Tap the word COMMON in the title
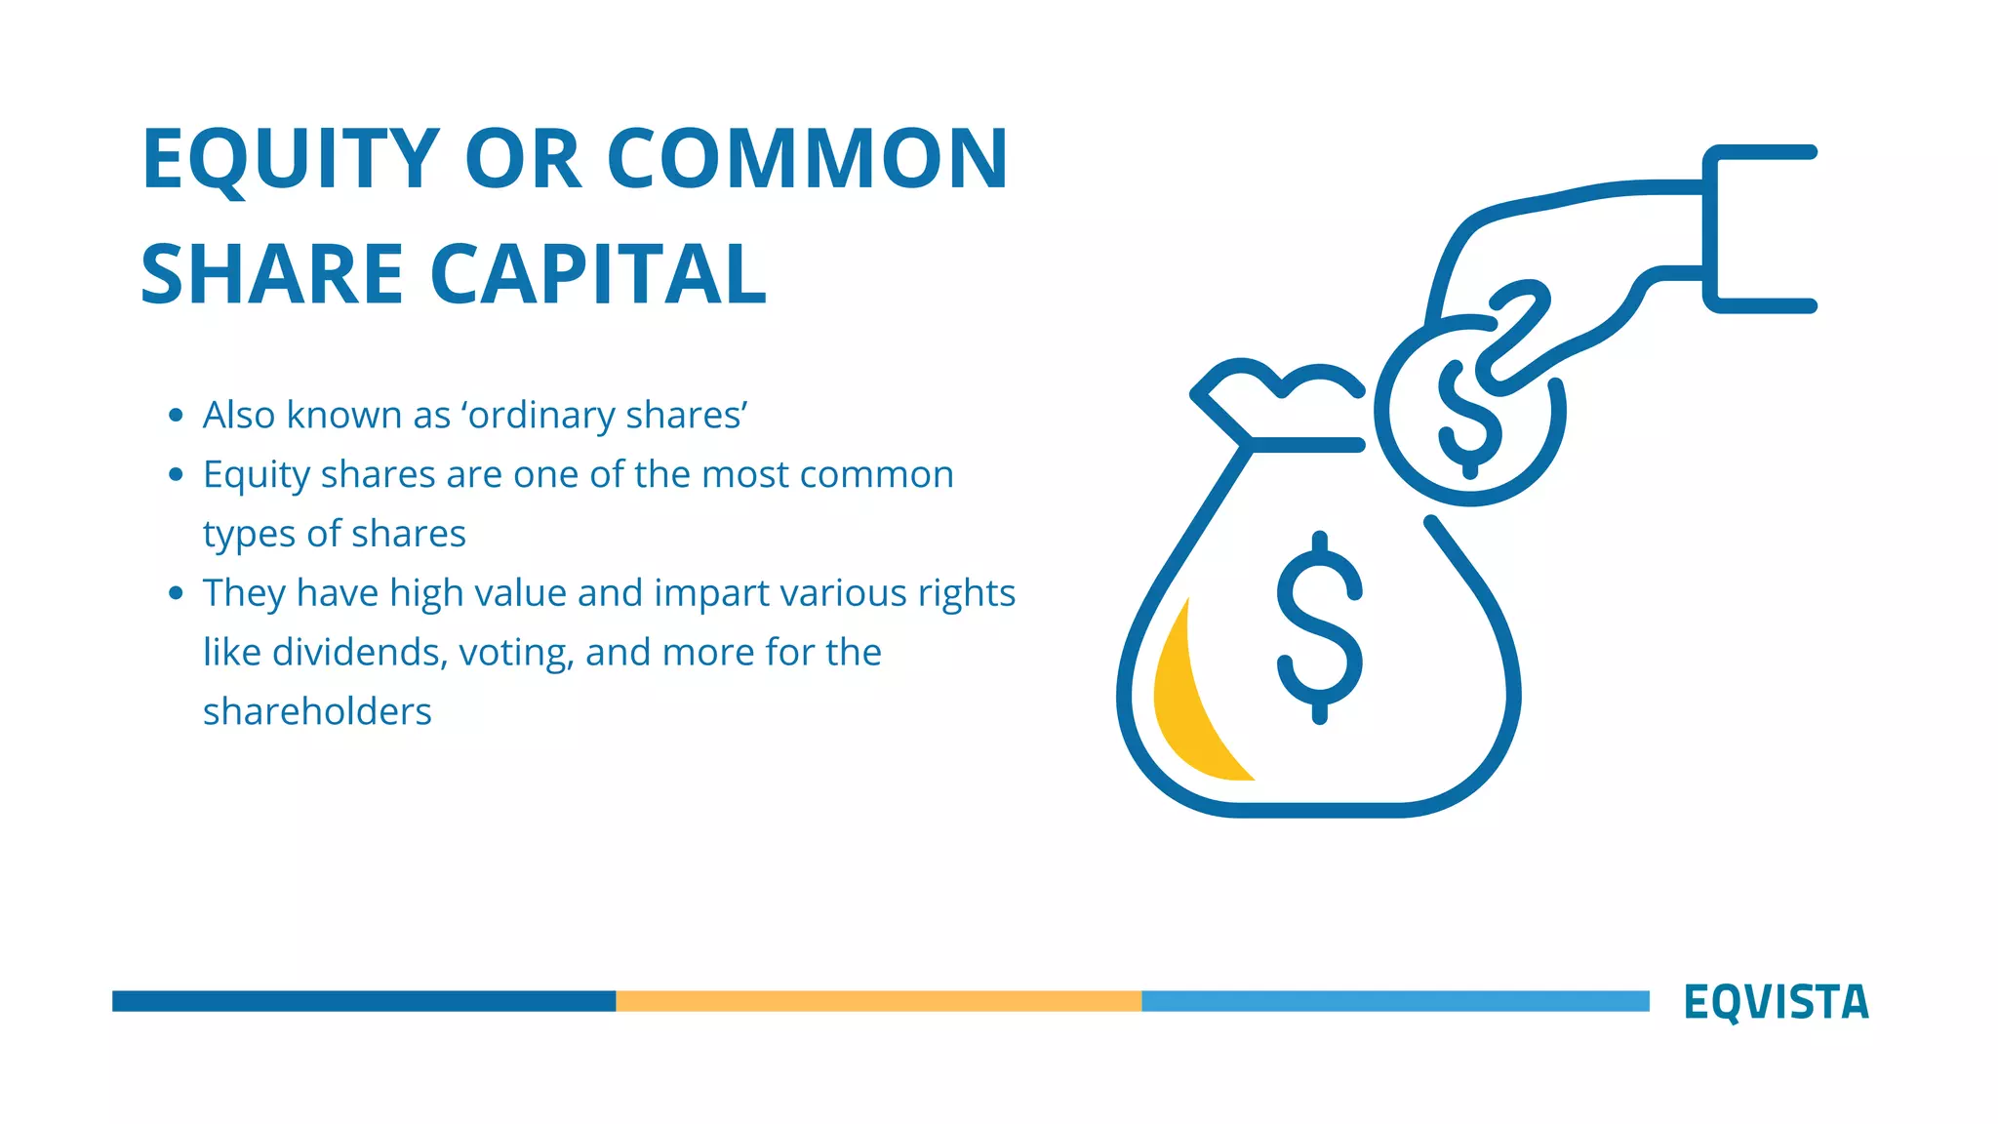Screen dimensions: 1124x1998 click(x=808, y=159)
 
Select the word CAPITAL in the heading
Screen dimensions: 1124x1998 click(x=598, y=275)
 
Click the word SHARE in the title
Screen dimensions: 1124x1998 click(x=272, y=275)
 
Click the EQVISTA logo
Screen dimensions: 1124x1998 click(x=1776, y=1002)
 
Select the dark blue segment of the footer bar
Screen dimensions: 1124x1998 click(x=363, y=1001)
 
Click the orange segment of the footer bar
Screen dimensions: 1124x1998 click(x=878, y=1001)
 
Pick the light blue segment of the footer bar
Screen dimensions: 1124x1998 click(x=1395, y=1001)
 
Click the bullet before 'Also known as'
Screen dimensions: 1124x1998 click(x=176, y=416)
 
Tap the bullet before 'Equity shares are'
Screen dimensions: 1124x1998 click(x=176, y=475)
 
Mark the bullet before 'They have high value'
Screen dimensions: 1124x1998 click(x=176, y=593)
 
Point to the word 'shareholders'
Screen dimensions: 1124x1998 click(x=317, y=712)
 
